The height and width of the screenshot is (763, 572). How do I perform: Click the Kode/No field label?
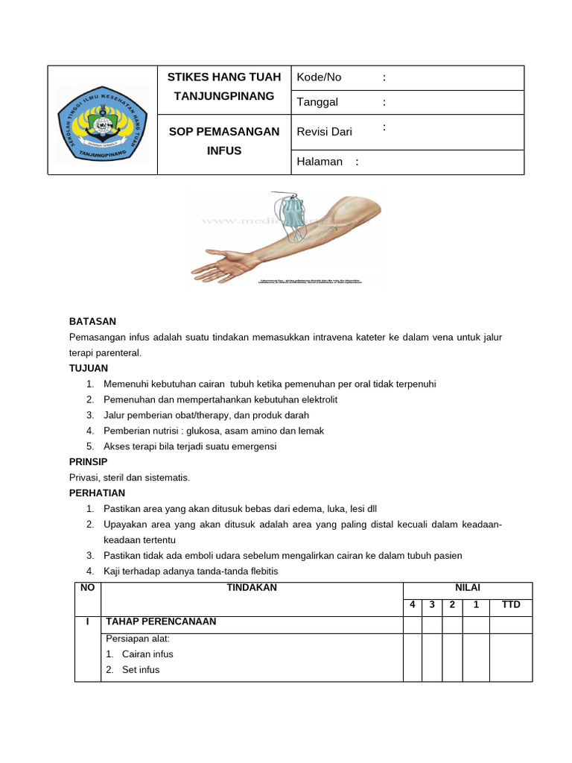[319, 77]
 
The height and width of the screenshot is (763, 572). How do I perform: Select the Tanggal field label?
[317, 102]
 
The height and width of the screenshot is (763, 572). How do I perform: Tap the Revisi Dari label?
[324, 132]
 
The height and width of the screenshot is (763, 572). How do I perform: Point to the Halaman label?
[320, 162]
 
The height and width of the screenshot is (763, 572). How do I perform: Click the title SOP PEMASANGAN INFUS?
[224, 141]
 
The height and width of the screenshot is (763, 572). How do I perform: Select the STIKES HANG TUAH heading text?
[224, 77]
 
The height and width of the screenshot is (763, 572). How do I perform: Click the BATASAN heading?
[92, 321]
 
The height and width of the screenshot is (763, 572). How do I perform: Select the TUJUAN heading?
[89, 368]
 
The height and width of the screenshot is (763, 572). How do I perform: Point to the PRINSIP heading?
[89, 462]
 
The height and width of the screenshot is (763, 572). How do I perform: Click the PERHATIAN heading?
[97, 493]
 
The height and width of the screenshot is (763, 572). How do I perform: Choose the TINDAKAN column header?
[252, 588]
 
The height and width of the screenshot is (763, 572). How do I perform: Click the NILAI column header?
[467, 588]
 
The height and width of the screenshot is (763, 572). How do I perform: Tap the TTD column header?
[511, 605]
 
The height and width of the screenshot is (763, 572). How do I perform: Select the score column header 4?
[413, 605]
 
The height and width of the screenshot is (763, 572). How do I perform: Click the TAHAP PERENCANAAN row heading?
[161, 621]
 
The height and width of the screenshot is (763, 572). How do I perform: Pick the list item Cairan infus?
[147, 654]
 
